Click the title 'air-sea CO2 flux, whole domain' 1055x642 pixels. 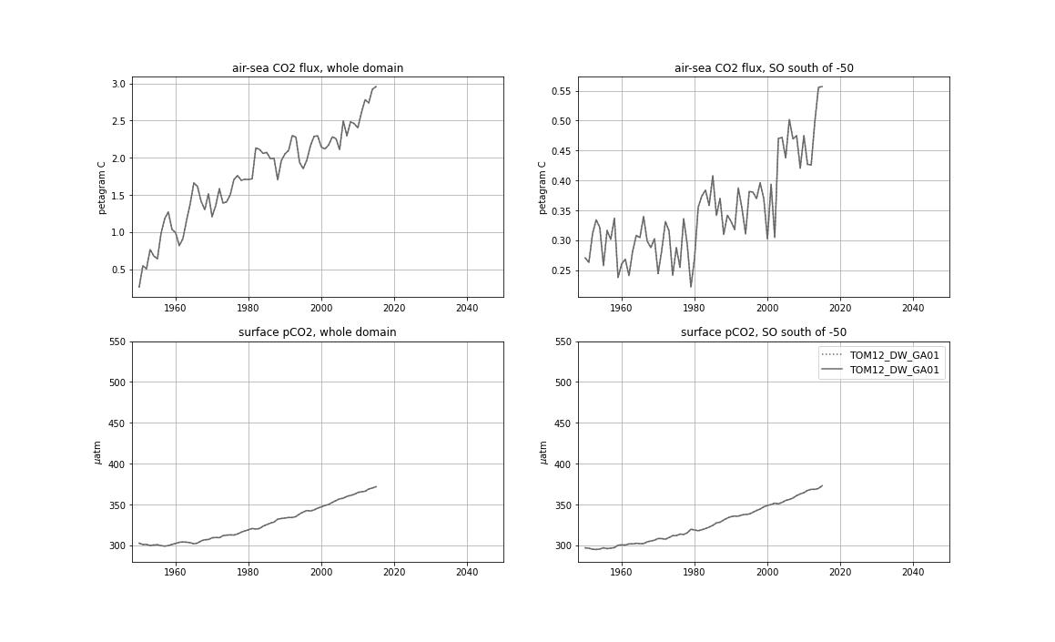coord(317,68)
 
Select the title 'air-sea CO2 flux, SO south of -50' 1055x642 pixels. coord(763,68)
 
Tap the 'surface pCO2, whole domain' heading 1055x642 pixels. coord(317,332)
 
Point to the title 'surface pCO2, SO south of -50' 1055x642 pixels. coord(763,332)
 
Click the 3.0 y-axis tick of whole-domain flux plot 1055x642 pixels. coord(117,84)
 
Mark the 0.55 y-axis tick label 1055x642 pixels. coord(562,91)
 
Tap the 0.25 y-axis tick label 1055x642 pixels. coord(562,270)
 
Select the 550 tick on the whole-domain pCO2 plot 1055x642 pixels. coord(116,342)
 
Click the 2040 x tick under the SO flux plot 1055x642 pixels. coord(912,308)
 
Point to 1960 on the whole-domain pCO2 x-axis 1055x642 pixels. coord(175,572)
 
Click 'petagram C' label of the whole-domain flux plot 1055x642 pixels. coord(102,188)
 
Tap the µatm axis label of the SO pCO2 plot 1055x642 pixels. coord(543,452)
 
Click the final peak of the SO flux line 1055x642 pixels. coord(821,87)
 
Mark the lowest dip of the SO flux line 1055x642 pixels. coord(691,287)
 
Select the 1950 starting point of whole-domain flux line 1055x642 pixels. coord(139,287)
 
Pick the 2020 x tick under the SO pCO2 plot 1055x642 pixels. coord(839,572)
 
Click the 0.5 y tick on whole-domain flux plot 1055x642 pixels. coord(117,270)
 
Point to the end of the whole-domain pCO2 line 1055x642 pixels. coord(376,486)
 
